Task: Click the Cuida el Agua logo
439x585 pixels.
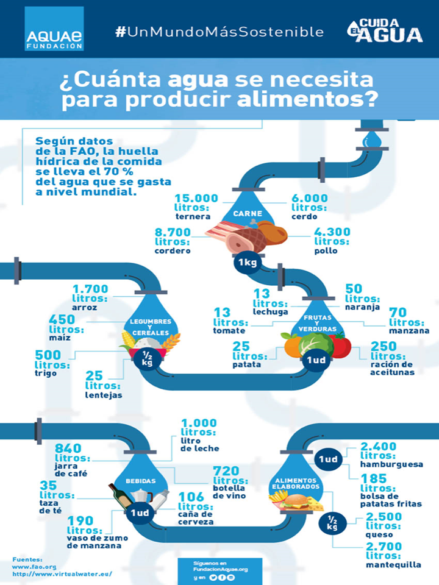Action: [x=385, y=30]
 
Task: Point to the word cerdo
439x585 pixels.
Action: [x=303, y=217]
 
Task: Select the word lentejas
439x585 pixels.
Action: [x=104, y=395]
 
